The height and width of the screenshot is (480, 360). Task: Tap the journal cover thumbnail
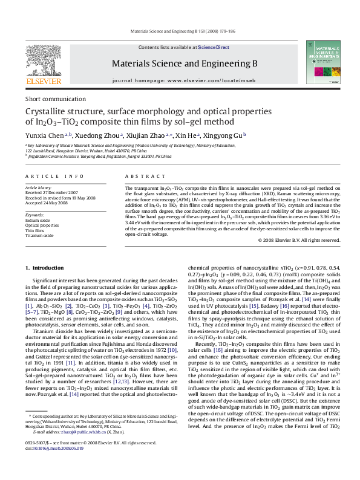[x=320, y=63]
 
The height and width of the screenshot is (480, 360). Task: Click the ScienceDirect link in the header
[x=214, y=47]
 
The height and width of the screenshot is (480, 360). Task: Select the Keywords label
[x=35, y=215]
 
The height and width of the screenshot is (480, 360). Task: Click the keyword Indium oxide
[x=38, y=221]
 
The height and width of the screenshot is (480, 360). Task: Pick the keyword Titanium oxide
[x=39, y=235]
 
